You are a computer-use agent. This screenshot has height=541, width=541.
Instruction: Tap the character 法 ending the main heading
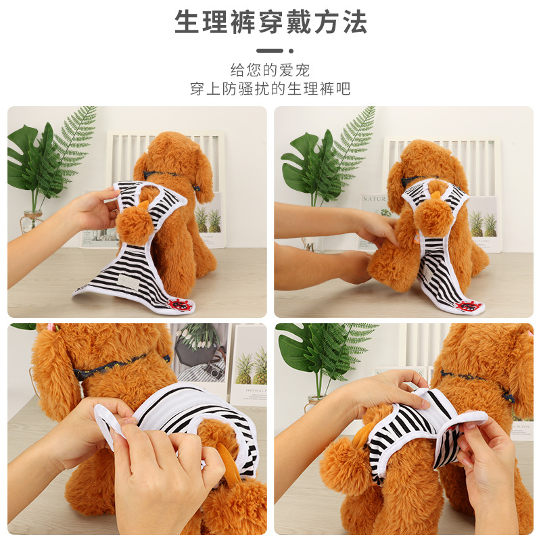(x=354, y=23)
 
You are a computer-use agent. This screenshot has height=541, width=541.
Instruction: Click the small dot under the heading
(x=291, y=51)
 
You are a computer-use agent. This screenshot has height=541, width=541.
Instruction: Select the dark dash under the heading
(x=270, y=51)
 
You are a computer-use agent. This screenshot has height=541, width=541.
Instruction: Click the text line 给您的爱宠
(x=270, y=70)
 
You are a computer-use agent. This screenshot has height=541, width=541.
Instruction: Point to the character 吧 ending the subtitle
(x=343, y=89)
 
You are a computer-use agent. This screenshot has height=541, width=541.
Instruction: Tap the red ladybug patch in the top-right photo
(x=468, y=306)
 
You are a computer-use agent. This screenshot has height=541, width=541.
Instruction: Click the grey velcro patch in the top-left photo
(x=130, y=281)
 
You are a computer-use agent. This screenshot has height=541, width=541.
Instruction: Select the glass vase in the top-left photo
(x=32, y=221)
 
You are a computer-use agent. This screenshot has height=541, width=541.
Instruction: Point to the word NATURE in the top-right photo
(x=374, y=199)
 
